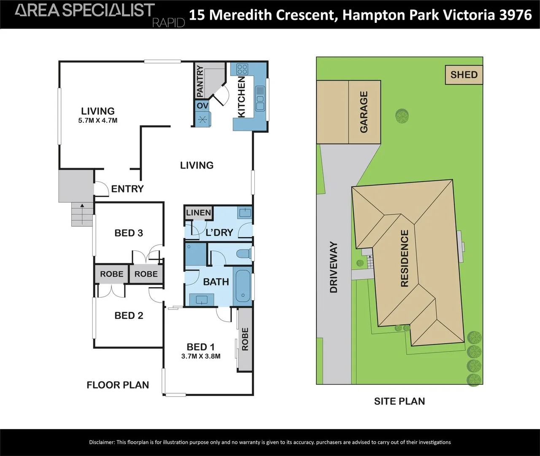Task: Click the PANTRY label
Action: (200, 81)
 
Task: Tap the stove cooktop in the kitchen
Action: (242, 69)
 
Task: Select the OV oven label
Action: (202, 106)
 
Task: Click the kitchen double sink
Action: (260, 99)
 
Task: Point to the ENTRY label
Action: (127, 189)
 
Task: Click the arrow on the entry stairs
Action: (82, 214)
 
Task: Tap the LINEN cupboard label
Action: (199, 213)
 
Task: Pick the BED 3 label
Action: (129, 233)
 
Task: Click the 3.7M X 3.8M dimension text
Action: (201, 356)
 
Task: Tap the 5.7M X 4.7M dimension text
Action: (98, 120)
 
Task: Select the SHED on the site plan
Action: (464, 75)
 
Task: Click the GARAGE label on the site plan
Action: (364, 112)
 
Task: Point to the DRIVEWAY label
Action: (334, 267)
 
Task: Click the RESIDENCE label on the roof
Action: (405, 258)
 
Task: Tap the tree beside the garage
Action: (402, 116)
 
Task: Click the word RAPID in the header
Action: (169, 23)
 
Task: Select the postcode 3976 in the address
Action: (516, 15)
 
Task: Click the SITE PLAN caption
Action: (400, 401)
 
